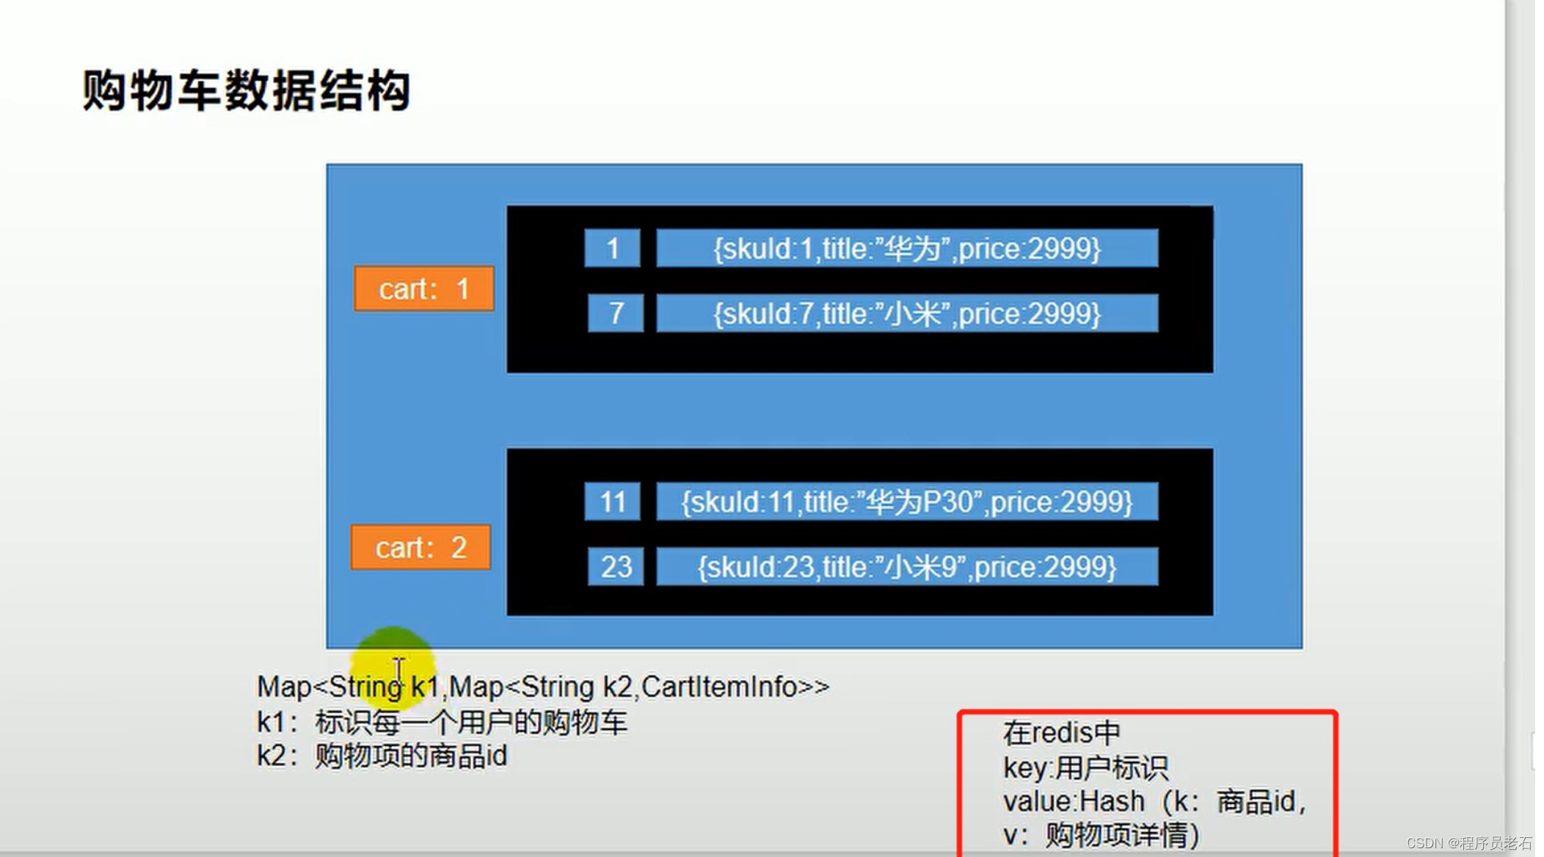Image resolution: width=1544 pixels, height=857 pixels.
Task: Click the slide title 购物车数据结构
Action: coord(246,91)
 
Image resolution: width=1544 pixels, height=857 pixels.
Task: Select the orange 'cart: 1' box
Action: coord(423,289)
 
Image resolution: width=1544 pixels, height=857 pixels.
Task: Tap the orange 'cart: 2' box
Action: coord(420,547)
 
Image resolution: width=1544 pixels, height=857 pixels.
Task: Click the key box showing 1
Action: coord(612,249)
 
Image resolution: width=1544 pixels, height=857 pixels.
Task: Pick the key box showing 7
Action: coord(616,314)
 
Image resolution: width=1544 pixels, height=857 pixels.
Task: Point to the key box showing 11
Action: coord(612,502)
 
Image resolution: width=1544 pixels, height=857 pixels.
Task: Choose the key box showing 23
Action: coord(616,567)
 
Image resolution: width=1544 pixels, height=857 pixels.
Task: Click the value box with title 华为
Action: coord(907,249)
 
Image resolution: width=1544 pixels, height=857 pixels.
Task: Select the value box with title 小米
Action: coord(907,314)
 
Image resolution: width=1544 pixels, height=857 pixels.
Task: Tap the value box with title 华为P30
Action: coord(907,502)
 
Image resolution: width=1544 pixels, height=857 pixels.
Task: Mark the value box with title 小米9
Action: coord(907,567)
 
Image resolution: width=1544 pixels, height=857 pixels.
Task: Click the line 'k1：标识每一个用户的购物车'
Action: coord(442,723)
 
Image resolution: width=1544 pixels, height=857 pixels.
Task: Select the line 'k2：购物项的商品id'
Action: coord(382,756)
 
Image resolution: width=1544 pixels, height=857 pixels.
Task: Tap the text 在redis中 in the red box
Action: coord(1061,732)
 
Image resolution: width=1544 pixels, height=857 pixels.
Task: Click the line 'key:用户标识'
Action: coord(1085,768)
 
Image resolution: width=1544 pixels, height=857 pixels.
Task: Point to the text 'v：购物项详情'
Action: coord(1101,835)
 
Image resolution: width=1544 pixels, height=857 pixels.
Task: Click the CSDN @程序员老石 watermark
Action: coord(1469,843)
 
